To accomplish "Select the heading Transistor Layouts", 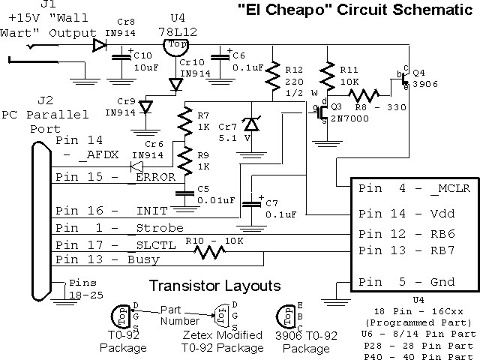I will tap(214, 286).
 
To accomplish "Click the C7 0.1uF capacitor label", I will tap(281, 209).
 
